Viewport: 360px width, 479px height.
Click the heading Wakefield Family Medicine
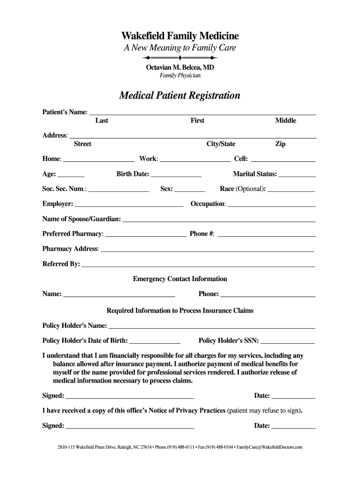pyautogui.click(x=180, y=36)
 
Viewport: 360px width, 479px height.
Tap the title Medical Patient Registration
pyautogui.click(x=180, y=95)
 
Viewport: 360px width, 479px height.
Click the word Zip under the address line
pyautogui.click(x=281, y=144)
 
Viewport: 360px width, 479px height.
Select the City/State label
pyautogui.click(x=221, y=144)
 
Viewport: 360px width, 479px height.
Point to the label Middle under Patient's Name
pyautogui.click(x=286, y=121)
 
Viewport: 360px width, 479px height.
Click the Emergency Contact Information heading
pyautogui.click(x=180, y=279)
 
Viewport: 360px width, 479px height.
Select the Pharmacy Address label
pyautogui.click(x=70, y=249)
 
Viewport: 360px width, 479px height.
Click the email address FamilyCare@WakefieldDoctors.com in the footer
pyautogui.click(x=270, y=447)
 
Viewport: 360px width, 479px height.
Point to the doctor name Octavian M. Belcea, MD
pyautogui.click(x=180, y=67)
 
